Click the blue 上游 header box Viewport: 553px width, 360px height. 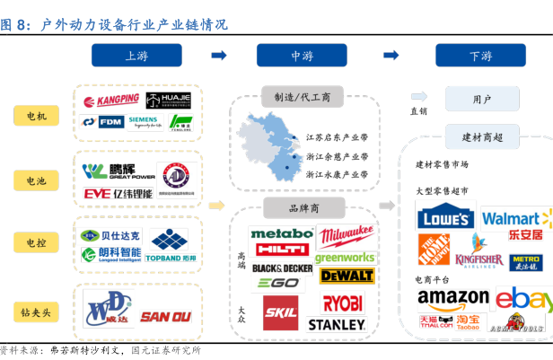pos(136,56)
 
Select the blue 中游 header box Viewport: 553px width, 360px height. pos(303,56)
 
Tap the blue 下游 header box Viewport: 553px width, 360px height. pos(480,56)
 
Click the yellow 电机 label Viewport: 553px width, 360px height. pos(37,116)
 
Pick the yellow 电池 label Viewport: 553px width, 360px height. pos(37,180)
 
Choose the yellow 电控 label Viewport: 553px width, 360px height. pos(37,242)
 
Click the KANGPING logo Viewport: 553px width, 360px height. pos(111,100)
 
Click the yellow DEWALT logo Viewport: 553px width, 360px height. pos(346,275)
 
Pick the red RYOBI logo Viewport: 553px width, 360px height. pos(343,303)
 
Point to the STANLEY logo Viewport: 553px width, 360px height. pos(336,324)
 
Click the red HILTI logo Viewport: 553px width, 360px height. pos(281,249)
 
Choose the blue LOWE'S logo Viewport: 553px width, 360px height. pos(445,218)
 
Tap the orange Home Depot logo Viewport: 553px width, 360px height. pos(434,249)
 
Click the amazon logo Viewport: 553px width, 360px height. pos(453,297)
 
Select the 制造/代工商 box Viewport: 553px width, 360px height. pos(303,97)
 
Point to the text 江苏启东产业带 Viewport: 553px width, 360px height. pos(338,138)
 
